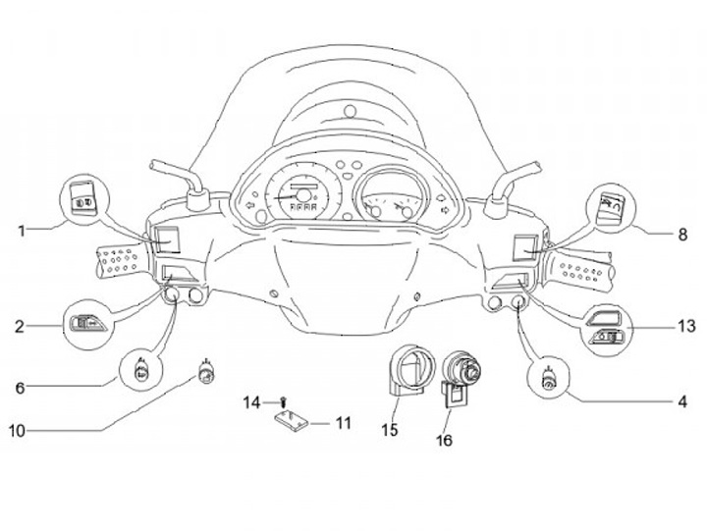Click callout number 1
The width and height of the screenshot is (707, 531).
[21, 231]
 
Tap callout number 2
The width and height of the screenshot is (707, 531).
[21, 325]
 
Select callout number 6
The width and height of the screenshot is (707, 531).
[20, 387]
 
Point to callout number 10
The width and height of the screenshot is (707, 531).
[17, 430]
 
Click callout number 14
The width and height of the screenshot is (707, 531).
[251, 401]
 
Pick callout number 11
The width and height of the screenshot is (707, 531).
[343, 423]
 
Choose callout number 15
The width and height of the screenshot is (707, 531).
[389, 429]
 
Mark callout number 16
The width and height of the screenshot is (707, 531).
[445, 440]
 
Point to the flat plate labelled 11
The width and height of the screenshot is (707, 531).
[291, 421]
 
